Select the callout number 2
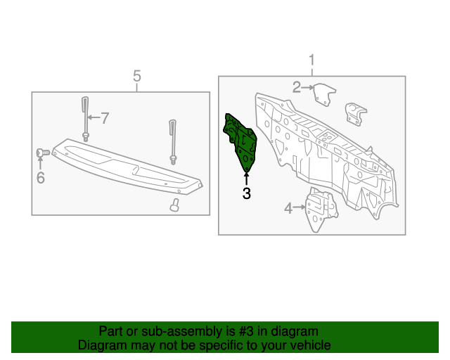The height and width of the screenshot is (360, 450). pos(296,87)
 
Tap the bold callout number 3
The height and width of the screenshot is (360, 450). pos(246,194)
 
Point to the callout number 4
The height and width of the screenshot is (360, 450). pos(288,207)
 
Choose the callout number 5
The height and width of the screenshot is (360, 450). pos(137,75)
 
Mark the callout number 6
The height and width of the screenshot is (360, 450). pos(40,178)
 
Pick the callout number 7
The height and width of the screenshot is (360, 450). pos(105,117)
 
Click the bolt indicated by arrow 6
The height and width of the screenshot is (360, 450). pos(41,152)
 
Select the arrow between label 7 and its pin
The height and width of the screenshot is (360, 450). pos(94,117)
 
